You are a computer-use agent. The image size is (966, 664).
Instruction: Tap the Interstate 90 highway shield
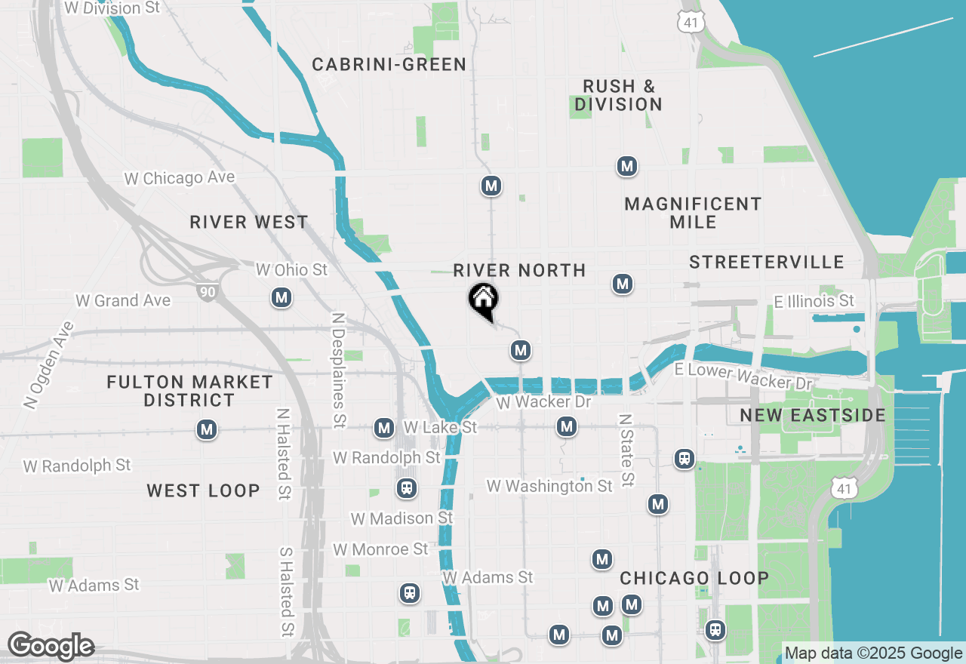tap(206, 291)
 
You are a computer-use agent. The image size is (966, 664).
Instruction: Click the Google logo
tap(51, 646)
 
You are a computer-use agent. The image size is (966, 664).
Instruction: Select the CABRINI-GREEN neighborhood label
tap(389, 65)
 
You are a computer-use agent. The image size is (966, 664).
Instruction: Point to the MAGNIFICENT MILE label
tap(693, 213)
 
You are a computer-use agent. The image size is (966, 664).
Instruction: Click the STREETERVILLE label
tap(766, 263)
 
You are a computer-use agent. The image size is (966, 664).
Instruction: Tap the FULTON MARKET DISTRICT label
tap(189, 391)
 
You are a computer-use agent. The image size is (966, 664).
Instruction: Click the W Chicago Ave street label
tap(180, 178)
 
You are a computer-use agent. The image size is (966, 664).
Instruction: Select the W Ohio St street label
tap(291, 269)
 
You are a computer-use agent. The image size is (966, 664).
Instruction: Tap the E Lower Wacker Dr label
tap(743, 377)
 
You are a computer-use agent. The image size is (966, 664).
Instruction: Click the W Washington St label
tap(549, 486)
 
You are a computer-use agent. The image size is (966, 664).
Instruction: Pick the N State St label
tap(625, 450)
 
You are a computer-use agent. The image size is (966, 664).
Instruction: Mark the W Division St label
tap(112, 8)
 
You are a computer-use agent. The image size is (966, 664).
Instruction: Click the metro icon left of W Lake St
tap(384, 428)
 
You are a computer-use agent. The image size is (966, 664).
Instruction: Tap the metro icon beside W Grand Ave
tap(281, 298)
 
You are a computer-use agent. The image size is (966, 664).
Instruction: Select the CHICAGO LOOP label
tap(694, 579)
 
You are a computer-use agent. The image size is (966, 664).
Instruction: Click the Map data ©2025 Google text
tap(873, 653)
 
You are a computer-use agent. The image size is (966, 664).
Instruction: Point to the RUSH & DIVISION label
tap(618, 95)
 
